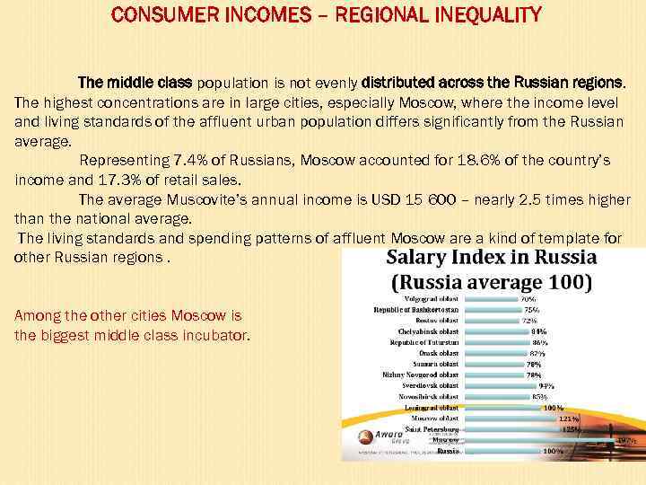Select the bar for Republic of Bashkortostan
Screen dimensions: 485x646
[492, 310]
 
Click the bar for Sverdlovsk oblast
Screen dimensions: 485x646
[500, 385]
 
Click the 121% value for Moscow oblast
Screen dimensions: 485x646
[568, 419]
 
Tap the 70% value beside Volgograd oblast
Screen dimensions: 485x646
[528, 298]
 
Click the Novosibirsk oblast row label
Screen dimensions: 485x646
[425, 396]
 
